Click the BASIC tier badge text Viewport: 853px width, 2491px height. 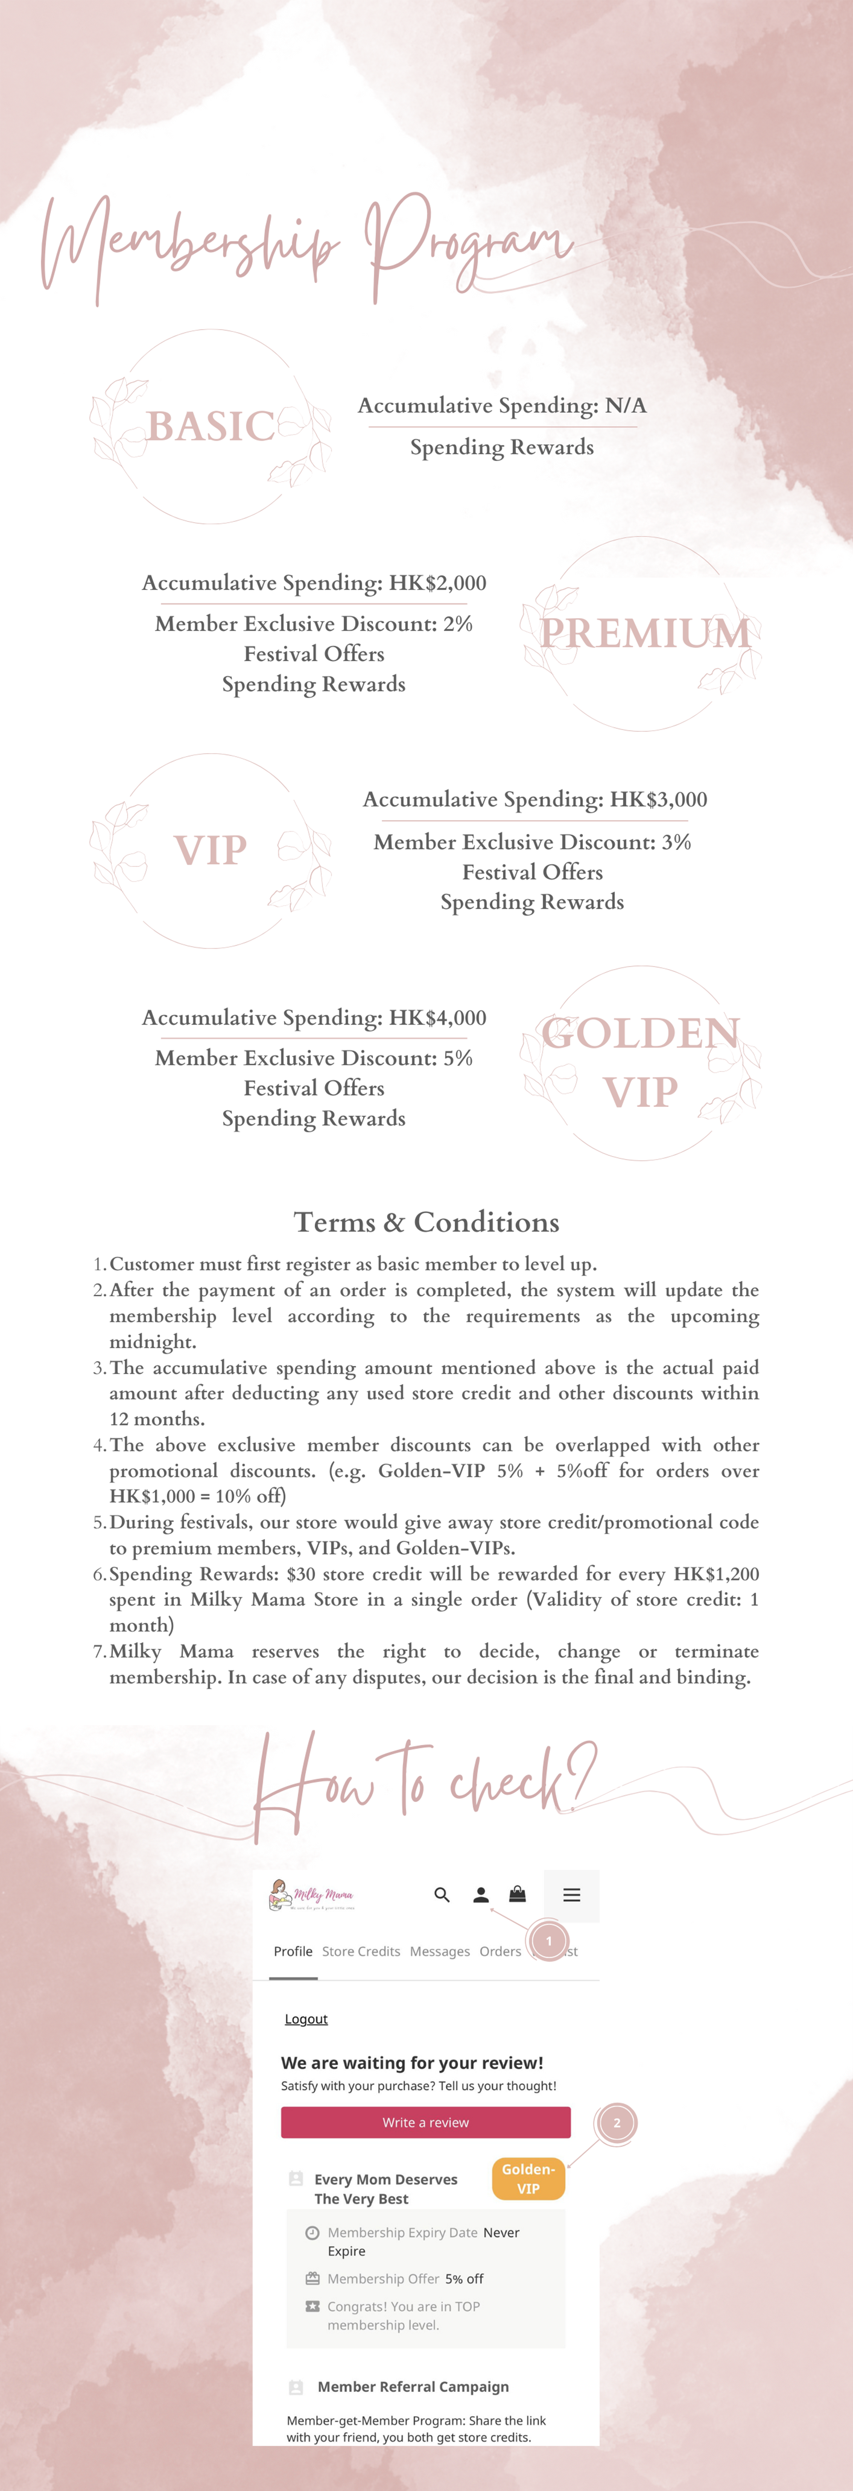211,426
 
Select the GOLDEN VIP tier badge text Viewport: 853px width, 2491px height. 640,1062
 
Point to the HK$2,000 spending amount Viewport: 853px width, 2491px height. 437,583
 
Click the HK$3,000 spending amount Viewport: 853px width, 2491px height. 659,800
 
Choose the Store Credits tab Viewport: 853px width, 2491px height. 361,1951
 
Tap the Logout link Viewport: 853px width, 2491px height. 306,2019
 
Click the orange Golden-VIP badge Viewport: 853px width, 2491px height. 528,2179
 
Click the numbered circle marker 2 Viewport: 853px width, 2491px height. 617,2123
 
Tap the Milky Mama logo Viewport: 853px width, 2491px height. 311,1895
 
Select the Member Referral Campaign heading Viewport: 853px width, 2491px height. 413,2386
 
